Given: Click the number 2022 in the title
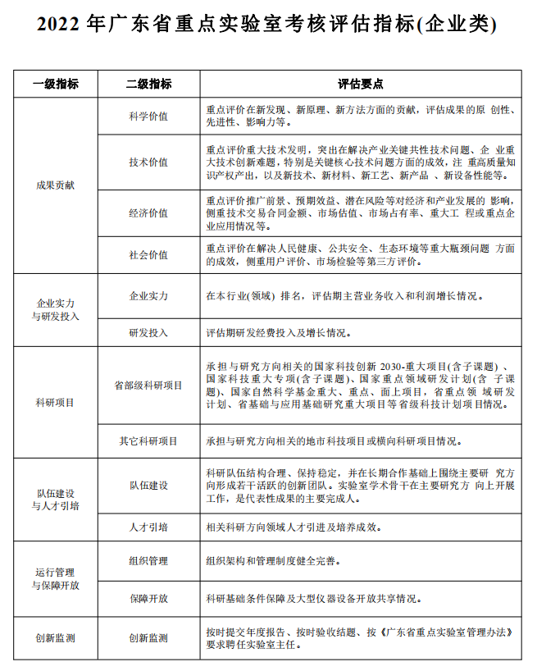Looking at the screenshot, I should [x=60, y=25].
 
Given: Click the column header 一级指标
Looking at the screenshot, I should [x=56, y=84].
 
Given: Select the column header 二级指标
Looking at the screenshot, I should [x=148, y=84].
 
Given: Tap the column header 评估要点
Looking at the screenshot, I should [x=361, y=84].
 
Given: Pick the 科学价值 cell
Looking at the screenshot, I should [x=148, y=116].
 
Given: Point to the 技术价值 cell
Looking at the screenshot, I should [x=148, y=162].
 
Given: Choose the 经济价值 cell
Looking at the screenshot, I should [x=148, y=212].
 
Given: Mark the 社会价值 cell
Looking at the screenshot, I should [x=148, y=254].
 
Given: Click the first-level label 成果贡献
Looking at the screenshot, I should [x=56, y=185].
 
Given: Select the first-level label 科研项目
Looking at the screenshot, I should [x=56, y=402].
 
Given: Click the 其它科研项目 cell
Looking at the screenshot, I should [x=148, y=440].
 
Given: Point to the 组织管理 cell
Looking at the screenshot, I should [x=148, y=561].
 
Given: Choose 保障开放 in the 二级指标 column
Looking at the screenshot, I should [x=148, y=599].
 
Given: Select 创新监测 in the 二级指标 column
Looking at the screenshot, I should [x=148, y=637].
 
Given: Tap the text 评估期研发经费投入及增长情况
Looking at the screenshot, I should [x=279, y=333].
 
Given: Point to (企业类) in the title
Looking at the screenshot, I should [x=457, y=25].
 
